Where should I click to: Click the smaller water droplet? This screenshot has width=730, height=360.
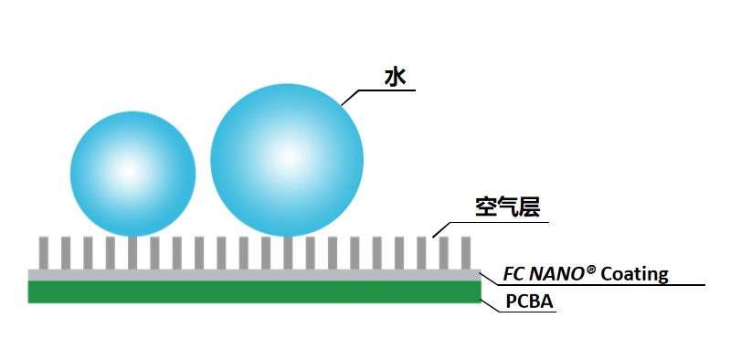tap(133, 174)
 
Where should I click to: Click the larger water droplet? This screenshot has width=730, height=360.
tap(287, 160)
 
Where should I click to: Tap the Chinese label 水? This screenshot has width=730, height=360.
tap(395, 77)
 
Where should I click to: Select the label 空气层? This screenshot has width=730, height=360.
tap(507, 206)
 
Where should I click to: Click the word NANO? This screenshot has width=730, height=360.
tap(555, 275)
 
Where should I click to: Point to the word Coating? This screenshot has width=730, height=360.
tap(635, 274)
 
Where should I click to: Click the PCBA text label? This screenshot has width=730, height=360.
tap(529, 302)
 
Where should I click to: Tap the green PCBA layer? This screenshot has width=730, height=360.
tap(254, 292)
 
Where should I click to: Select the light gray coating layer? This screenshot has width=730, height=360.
tap(254, 275)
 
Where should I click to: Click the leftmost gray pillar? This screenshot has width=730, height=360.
tap(44, 253)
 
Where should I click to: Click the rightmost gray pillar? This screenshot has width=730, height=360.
tap(466, 253)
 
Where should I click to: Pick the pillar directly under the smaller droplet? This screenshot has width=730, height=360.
tap(132, 253)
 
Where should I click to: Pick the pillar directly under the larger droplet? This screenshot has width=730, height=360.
tap(288, 253)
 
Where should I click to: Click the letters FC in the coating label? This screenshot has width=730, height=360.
tap(513, 275)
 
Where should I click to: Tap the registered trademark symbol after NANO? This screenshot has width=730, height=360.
tap(589, 270)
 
